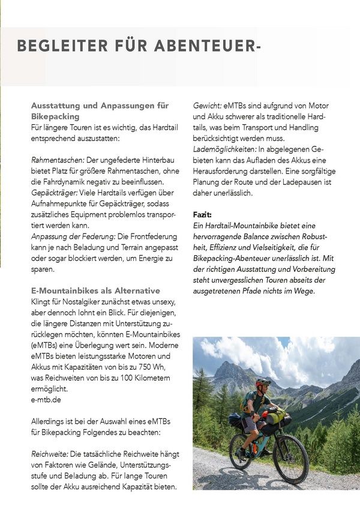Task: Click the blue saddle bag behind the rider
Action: click(x=235, y=420)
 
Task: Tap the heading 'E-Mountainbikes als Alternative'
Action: click(x=95, y=291)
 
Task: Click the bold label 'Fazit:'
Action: click(x=202, y=214)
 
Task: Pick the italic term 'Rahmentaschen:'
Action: click(x=58, y=160)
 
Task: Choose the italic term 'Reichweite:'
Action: click(x=52, y=454)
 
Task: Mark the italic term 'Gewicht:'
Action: click(x=207, y=106)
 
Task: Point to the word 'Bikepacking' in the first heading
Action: click(x=55, y=116)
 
